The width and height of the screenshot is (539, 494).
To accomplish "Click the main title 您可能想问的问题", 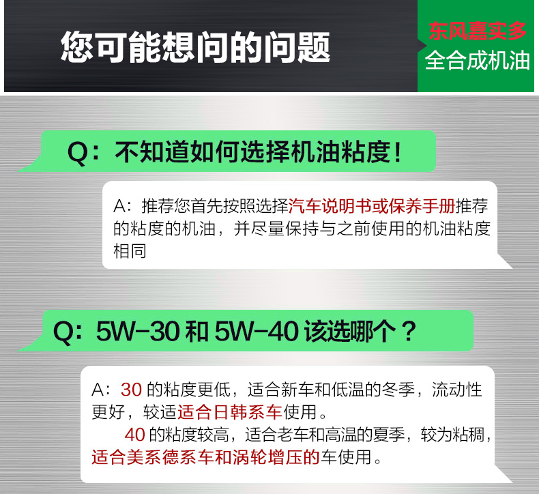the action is click(195, 47).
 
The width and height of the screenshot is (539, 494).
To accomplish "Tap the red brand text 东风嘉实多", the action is click(478, 31).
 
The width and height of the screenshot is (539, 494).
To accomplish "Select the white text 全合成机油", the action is click(477, 61).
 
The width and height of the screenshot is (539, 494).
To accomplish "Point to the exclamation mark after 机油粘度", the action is click(398, 152).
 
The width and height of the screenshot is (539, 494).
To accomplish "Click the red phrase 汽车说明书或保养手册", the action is click(372, 206).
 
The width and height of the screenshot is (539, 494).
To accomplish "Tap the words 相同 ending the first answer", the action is click(130, 250).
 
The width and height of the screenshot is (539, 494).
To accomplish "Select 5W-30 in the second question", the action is click(138, 332).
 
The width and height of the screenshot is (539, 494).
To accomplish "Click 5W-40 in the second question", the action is click(257, 332).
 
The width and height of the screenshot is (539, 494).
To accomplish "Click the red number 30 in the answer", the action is click(131, 390).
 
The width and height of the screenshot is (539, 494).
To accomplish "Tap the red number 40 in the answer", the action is click(135, 435).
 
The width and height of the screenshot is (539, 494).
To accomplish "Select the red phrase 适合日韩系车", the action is click(229, 412).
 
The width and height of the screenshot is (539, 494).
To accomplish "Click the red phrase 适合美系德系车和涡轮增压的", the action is click(205, 457).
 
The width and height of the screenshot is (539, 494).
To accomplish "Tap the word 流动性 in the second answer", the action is click(457, 390).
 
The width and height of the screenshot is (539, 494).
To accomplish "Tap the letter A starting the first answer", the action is click(119, 206).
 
